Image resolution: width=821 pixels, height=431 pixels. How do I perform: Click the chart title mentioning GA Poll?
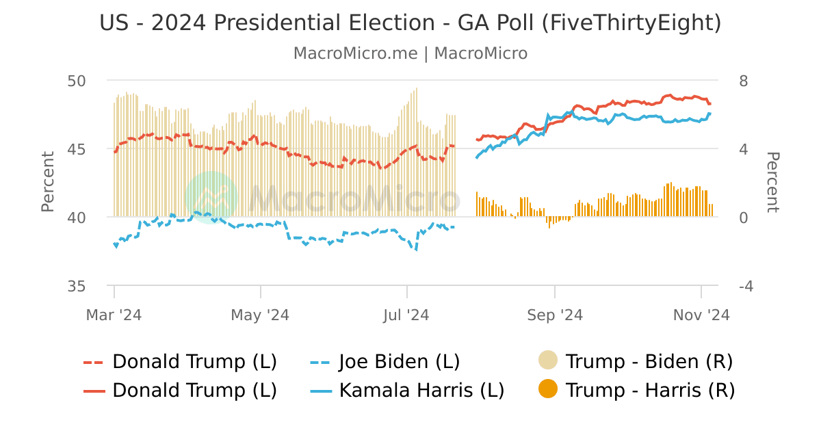[x=410, y=23]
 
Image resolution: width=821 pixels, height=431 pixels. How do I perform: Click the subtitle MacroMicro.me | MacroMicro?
[x=410, y=53]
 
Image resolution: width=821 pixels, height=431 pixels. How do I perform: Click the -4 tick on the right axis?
[x=746, y=286]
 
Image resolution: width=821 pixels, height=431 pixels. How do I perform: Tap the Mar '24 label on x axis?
[x=114, y=315]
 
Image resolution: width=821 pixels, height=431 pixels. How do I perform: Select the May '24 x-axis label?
[x=260, y=315]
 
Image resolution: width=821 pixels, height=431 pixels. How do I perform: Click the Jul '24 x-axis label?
[x=407, y=315]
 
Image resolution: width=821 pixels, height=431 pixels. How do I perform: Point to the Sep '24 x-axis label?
[x=554, y=315]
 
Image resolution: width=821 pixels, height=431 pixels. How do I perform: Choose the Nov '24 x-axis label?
[x=701, y=315]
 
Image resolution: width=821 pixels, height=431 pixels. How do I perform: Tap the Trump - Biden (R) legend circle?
[x=549, y=361]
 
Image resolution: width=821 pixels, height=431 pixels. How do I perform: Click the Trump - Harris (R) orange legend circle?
[x=549, y=390]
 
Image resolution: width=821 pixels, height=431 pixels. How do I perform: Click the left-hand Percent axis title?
[x=47, y=182]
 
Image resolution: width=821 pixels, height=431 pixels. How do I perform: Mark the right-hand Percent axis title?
[x=772, y=182]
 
